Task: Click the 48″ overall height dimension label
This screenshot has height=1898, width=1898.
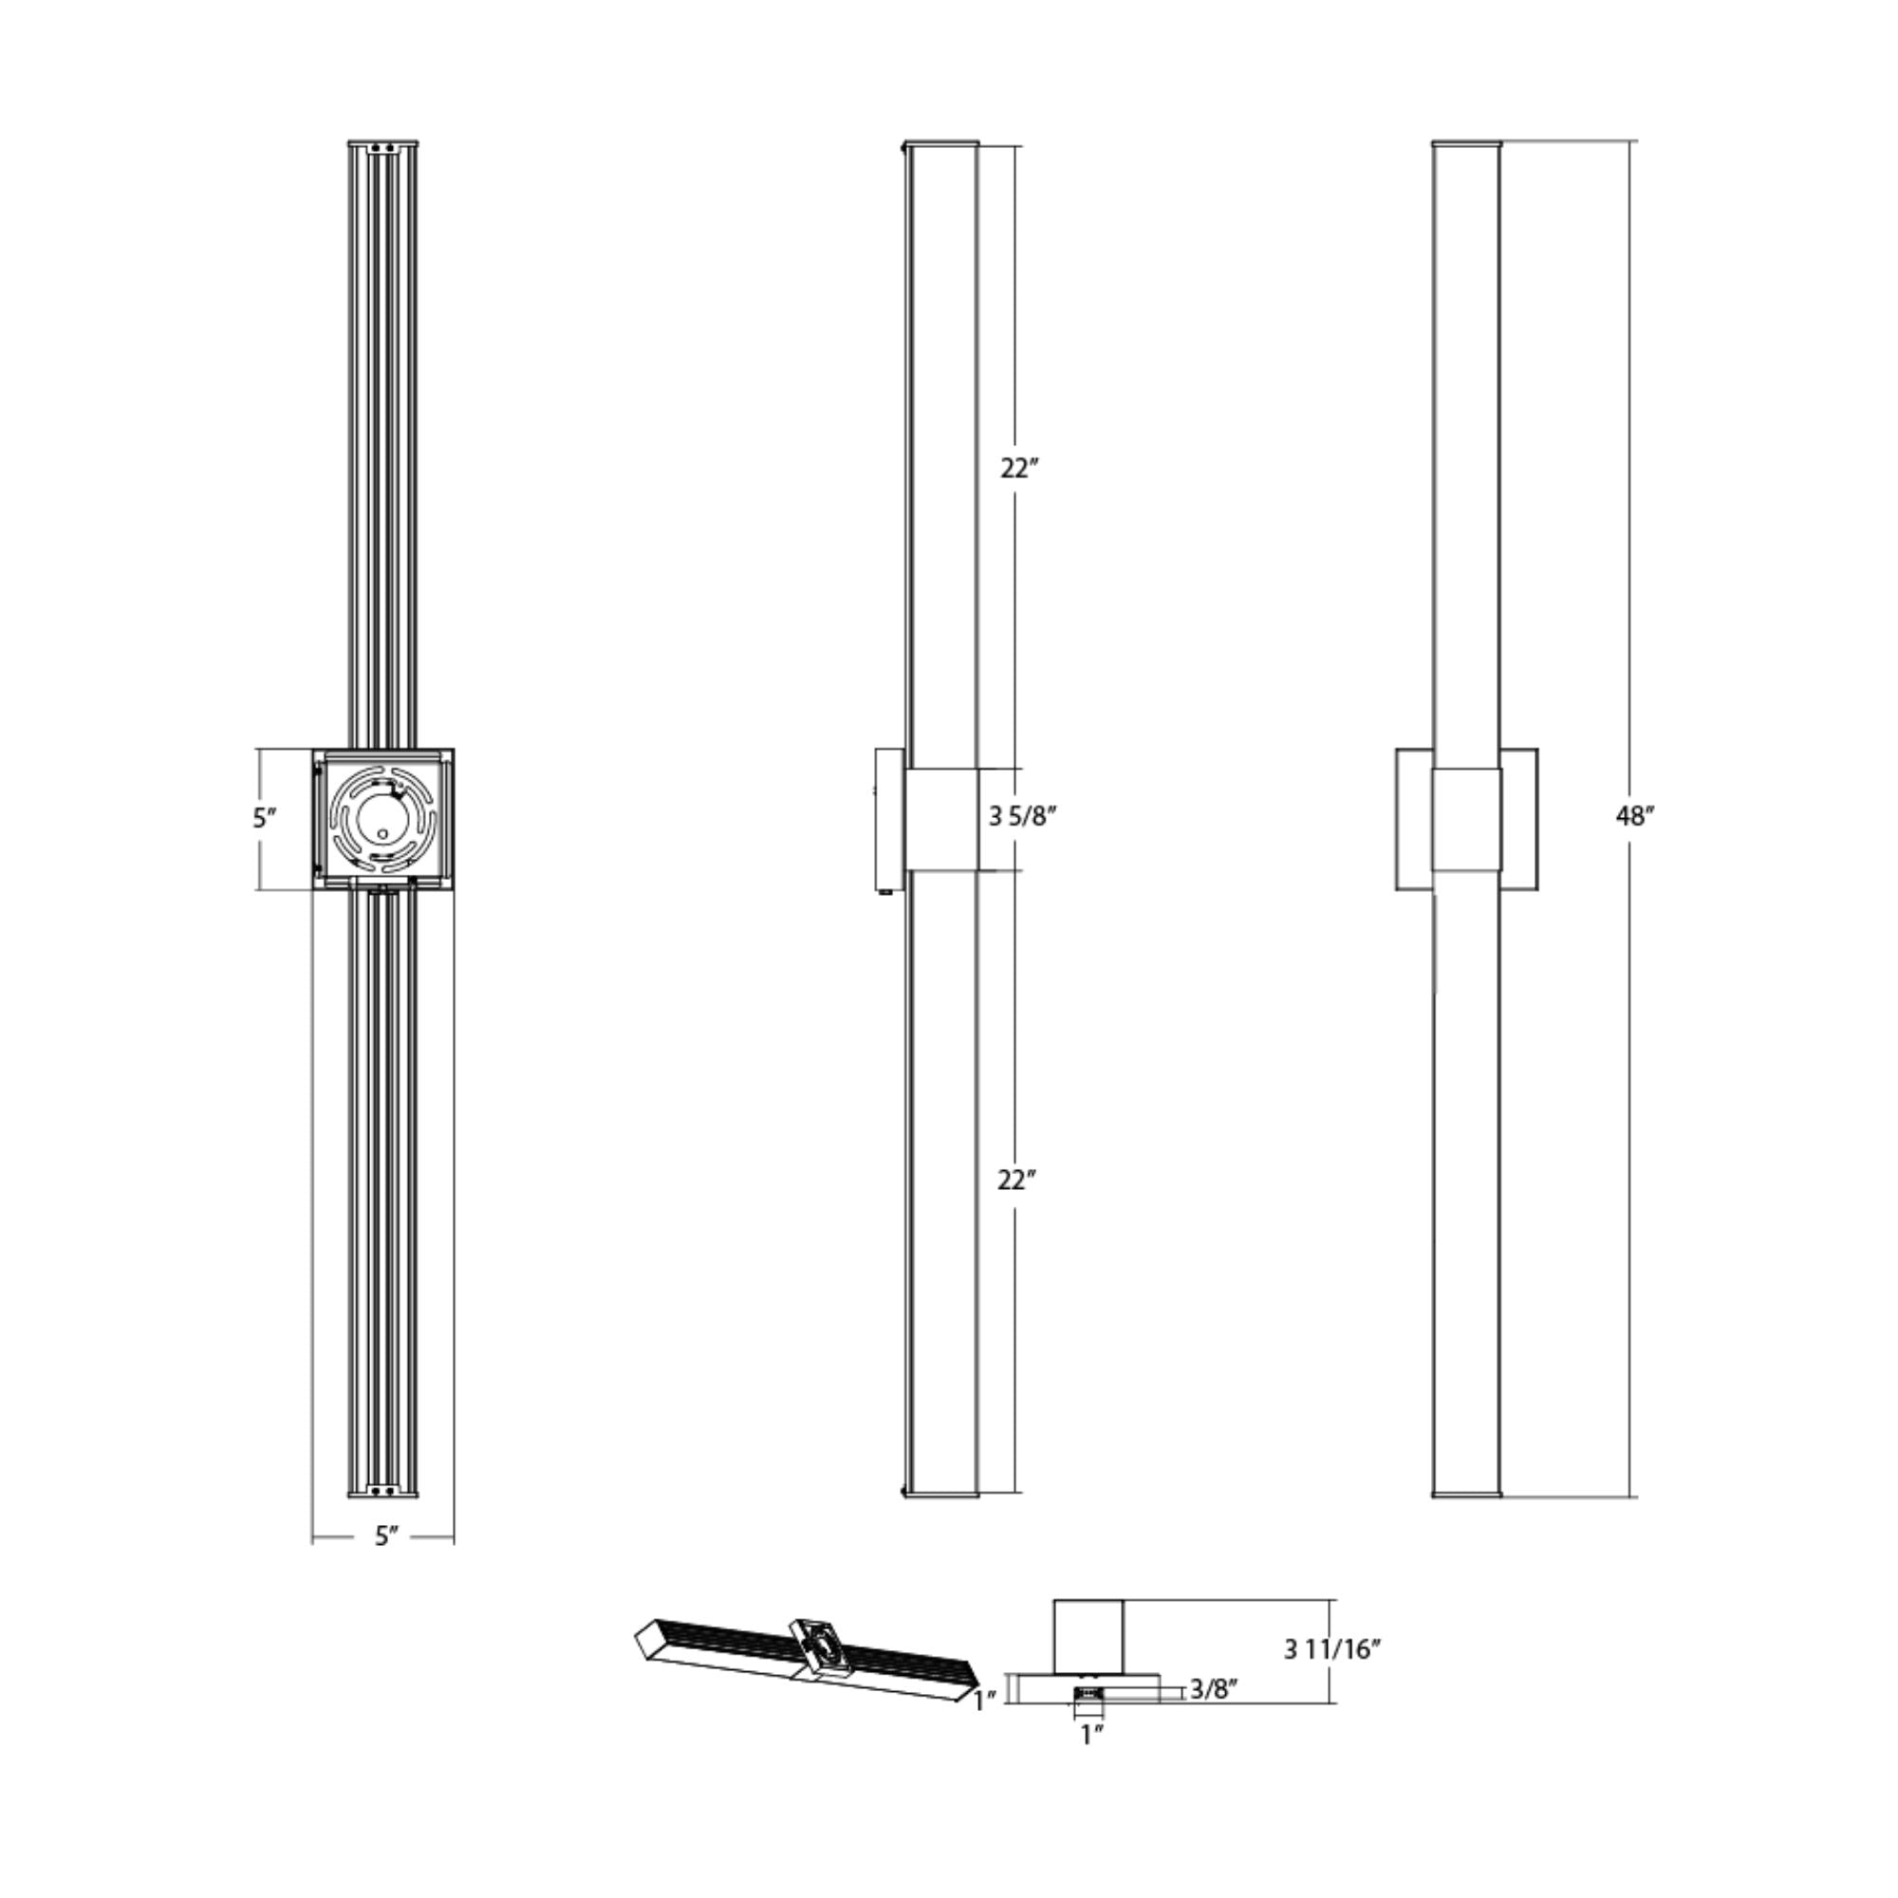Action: tap(1636, 816)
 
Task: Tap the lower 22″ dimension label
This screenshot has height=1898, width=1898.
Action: tap(1017, 1180)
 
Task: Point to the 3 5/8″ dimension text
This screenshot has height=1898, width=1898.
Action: tap(1023, 815)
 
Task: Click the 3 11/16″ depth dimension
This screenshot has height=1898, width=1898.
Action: tap(1333, 1649)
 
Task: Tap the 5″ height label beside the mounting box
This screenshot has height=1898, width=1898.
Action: tap(264, 817)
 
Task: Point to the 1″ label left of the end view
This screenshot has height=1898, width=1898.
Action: tap(985, 1700)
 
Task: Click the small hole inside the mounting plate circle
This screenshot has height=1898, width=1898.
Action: tap(382, 833)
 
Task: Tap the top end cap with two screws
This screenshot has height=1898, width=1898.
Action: tap(383, 147)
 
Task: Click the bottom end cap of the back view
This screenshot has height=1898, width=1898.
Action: tap(383, 1491)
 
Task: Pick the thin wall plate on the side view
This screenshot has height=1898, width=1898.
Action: tap(890, 819)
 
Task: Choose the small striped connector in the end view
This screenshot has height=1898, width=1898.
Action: tap(1089, 1693)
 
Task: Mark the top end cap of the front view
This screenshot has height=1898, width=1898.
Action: tap(1466, 144)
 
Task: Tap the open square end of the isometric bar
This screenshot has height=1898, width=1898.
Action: tap(648, 1640)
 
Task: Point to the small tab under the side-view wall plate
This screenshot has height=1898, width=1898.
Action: tap(887, 893)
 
